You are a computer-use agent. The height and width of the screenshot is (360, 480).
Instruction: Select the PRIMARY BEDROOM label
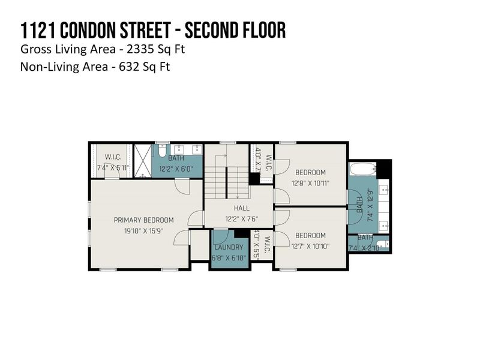pos(143,220)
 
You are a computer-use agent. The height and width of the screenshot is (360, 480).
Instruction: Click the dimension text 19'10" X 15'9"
pos(143,230)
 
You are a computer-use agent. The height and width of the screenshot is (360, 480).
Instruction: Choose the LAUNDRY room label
pos(228,247)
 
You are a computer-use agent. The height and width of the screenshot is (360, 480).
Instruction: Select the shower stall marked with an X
pos(142,161)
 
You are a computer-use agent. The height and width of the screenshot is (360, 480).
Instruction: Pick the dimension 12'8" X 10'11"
pos(310,183)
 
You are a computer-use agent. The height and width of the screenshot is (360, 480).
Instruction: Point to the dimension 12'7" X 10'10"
pos(310,246)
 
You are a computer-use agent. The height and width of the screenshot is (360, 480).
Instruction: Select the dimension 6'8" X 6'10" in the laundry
pos(228,257)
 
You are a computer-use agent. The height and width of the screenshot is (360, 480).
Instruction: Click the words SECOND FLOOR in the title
pos(233,30)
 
